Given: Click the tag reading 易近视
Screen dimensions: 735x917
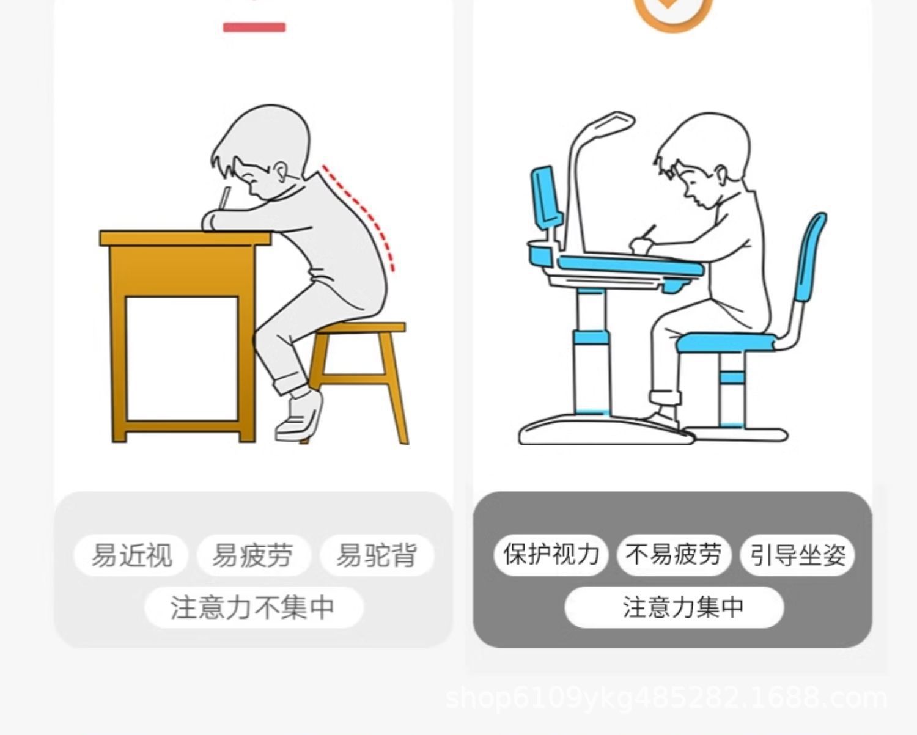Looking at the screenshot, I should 131,555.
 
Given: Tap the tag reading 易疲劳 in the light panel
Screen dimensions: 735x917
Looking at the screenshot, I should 253,555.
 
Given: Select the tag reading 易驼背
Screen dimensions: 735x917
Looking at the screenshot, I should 377,555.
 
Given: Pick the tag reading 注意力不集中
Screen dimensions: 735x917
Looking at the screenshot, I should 253,607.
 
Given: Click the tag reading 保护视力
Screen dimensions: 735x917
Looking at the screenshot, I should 551,555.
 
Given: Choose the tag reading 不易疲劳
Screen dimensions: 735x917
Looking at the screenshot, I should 674,555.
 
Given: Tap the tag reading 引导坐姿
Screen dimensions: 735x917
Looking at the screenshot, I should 797,555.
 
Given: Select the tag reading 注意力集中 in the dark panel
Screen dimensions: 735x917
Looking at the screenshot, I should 674,607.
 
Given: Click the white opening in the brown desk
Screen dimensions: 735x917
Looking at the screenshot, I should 182,357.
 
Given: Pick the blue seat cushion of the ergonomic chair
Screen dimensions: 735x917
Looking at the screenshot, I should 724,342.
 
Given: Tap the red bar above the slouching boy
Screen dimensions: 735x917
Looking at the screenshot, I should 254,27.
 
